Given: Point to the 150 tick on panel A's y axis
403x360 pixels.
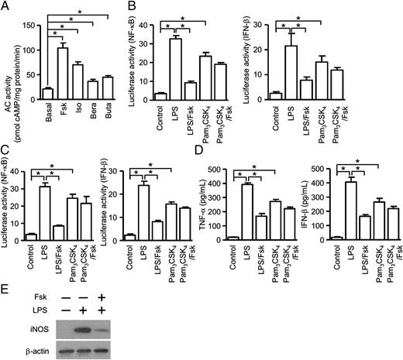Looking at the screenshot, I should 35,26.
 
